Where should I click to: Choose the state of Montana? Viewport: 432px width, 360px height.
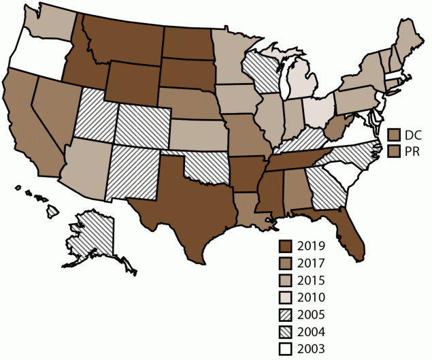(122, 37)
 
